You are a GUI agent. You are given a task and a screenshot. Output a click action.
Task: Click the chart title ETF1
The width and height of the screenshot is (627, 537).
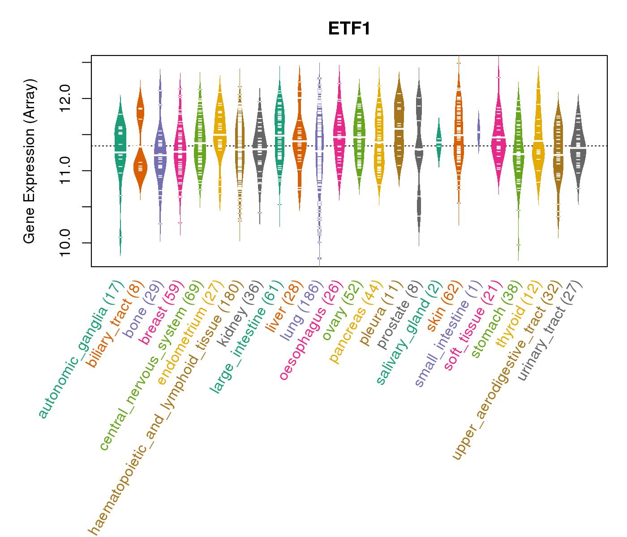point(349,29)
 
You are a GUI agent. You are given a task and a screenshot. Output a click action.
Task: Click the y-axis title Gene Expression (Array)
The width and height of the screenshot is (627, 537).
point(30,161)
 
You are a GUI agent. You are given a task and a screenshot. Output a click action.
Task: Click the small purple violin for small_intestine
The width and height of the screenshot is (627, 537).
point(478,132)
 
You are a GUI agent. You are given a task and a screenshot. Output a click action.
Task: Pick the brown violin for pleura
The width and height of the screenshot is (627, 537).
point(399,130)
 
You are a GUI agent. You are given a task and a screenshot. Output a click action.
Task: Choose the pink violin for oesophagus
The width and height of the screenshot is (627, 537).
point(339,134)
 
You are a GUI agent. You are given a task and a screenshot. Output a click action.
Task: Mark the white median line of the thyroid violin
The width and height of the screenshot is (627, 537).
point(538,141)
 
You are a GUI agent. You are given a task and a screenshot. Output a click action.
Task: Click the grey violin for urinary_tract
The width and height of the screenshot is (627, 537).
point(578,148)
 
